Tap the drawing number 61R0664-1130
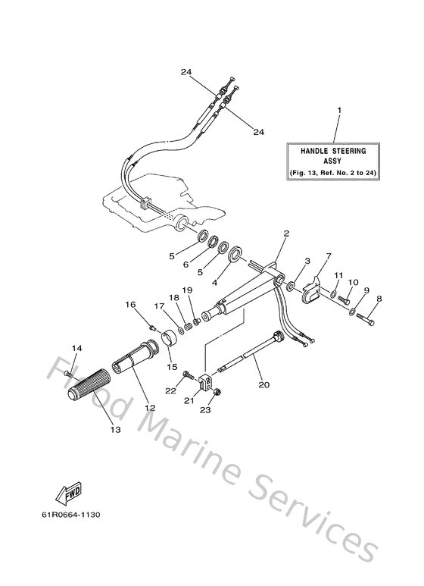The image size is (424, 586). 70,515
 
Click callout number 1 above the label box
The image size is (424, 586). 338,111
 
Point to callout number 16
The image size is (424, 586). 130,304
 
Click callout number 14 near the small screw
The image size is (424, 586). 76,349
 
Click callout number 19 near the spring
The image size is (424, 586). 186,290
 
